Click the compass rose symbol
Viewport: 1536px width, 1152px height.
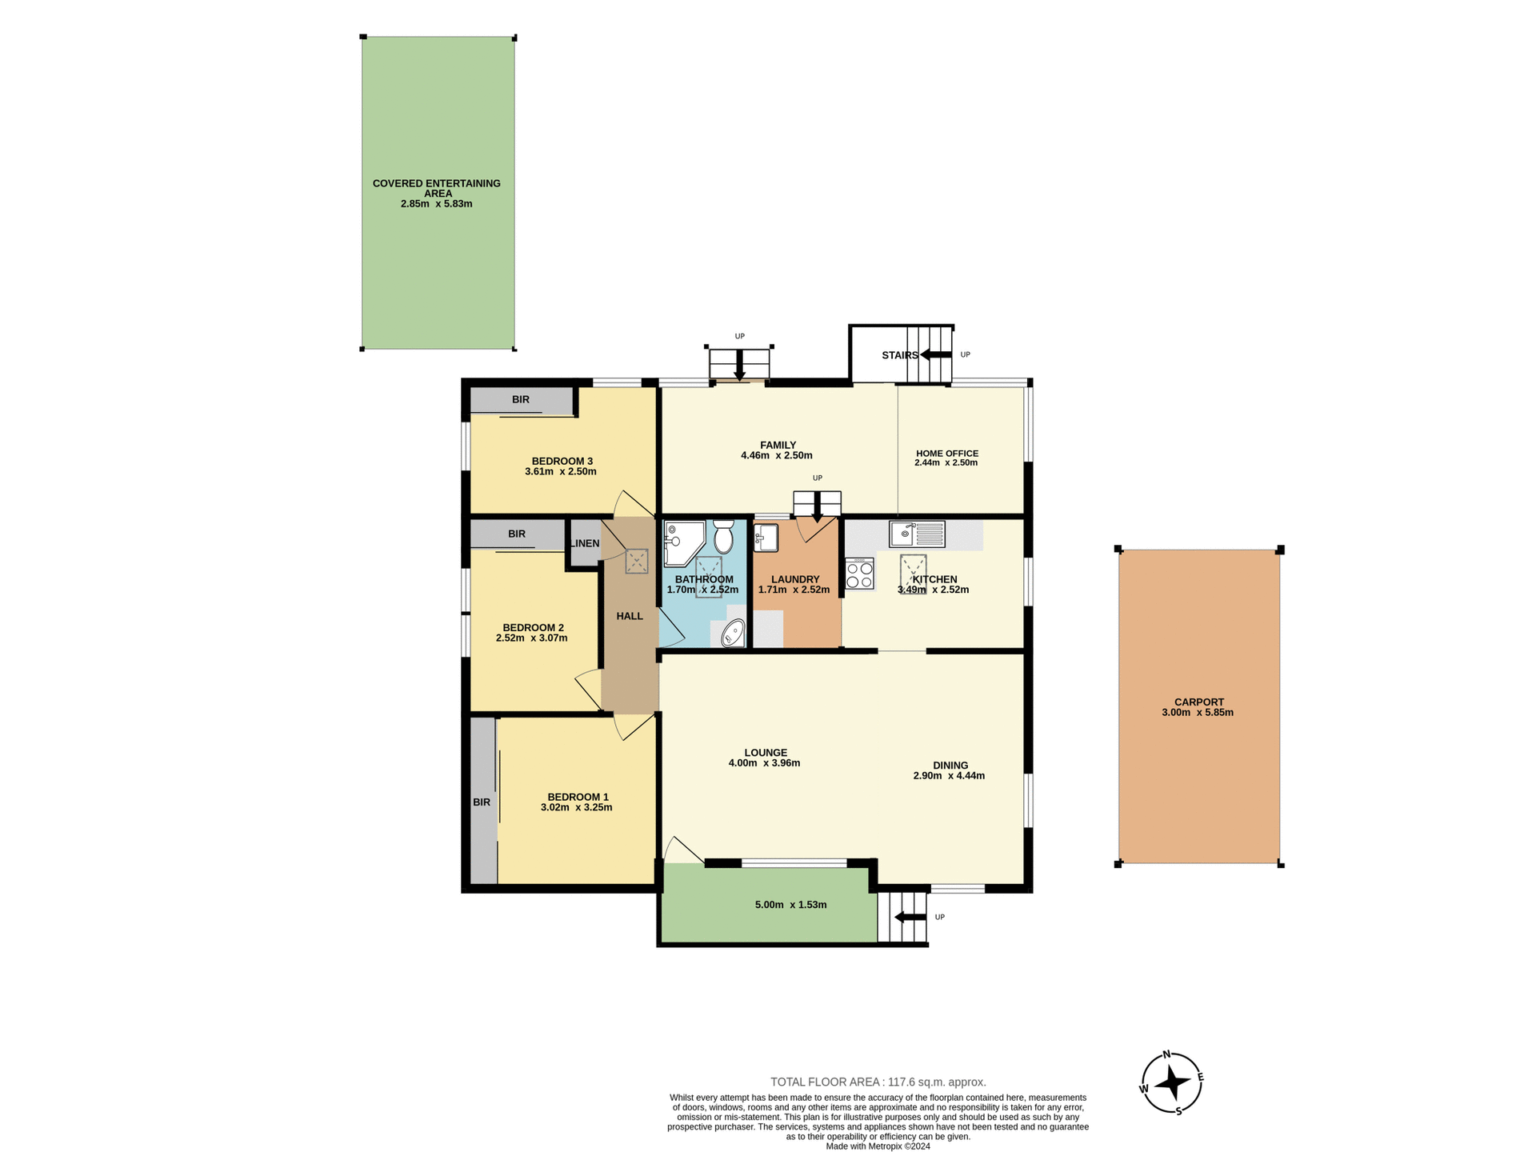click(x=1172, y=1083)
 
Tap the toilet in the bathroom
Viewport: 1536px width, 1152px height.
click(x=723, y=538)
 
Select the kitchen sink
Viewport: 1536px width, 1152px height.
click(x=917, y=534)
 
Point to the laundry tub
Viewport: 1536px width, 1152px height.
click(x=765, y=537)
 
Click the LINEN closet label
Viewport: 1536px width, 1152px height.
click(x=585, y=543)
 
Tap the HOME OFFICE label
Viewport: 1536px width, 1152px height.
click(x=946, y=453)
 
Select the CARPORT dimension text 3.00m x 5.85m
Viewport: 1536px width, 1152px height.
click(x=1197, y=712)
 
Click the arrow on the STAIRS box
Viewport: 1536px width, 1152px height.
click(x=935, y=354)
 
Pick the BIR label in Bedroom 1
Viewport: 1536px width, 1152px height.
click(x=481, y=802)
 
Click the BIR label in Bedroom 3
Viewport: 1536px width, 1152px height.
click(x=520, y=399)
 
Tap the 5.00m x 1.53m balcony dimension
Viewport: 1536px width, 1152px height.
click(x=790, y=905)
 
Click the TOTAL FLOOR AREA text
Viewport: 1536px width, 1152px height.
click(x=878, y=1082)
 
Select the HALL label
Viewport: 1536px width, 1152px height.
click(x=630, y=616)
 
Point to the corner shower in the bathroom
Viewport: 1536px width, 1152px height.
click(x=681, y=542)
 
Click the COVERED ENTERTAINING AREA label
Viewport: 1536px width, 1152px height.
click(x=437, y=188)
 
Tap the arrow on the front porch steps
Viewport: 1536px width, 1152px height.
click(x=910, y=917)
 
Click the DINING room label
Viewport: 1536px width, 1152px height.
click(x=950, y=765)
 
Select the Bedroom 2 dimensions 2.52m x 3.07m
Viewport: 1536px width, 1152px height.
click(x=531, y=638)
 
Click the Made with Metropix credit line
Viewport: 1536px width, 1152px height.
click(x=878, y=1146)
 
